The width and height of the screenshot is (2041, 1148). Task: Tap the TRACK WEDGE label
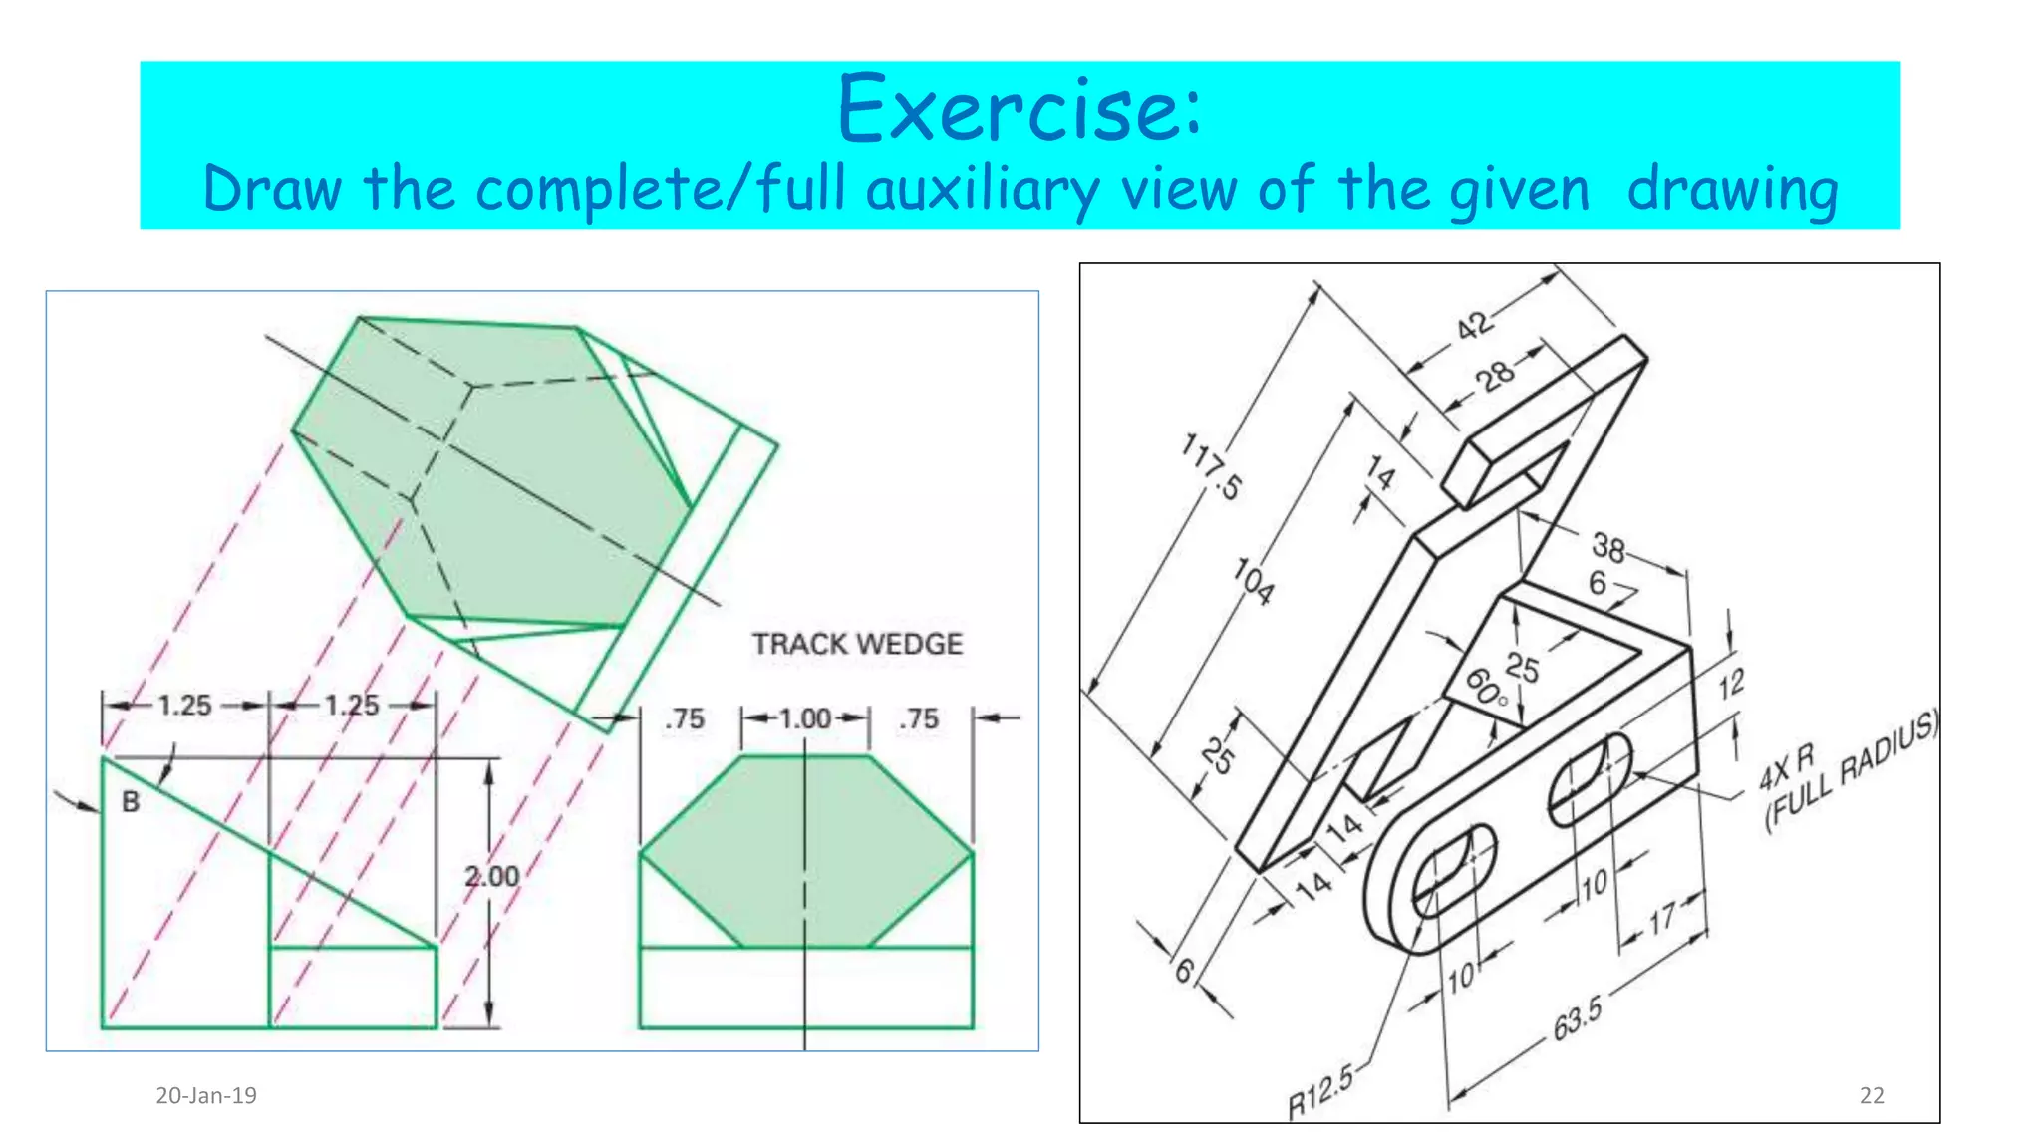(857, 644)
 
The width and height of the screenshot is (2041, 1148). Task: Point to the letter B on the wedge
(131, 802)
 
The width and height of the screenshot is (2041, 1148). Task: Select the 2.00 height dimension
(491, 876)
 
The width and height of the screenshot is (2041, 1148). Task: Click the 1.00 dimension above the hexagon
(804, 718)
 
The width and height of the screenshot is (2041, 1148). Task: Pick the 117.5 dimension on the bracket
(1212, 466)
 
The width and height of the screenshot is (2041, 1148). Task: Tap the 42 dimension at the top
(1475, 325)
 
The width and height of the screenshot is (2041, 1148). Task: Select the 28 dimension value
(1495, 376)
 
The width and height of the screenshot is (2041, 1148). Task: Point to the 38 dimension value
(1607, 546)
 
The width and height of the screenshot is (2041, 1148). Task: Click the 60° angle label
(1485, 688)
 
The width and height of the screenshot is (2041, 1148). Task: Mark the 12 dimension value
(1731, 684)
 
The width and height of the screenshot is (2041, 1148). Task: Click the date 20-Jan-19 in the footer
(206, 1096)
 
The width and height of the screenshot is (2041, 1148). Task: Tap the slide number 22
(1872, 1096)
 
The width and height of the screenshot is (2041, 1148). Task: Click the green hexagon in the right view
(805, 852)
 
